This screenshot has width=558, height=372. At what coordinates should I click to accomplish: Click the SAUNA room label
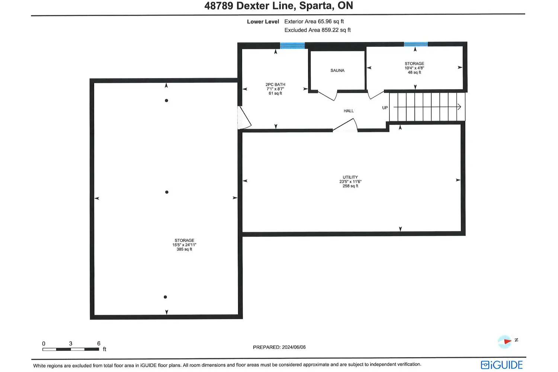pos(337,71)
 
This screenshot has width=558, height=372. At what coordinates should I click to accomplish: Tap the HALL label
pos(349,111)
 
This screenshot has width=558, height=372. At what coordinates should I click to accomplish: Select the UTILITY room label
pos(350,177)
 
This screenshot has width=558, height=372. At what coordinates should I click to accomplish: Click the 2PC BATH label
pos(275,84)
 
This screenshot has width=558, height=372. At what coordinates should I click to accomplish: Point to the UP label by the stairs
pos(385,108)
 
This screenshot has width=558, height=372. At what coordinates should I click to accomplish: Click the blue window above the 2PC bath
pos(292,45)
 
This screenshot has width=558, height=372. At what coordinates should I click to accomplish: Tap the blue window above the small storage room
pos(416,44)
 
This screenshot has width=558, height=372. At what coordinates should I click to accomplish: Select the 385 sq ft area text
pos(185,249)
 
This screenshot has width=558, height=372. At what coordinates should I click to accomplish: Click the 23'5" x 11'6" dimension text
pos(350,182)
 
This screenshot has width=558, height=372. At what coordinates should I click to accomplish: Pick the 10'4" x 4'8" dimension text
pos(414,68)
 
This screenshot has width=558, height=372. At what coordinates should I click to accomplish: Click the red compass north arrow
pos(507,341)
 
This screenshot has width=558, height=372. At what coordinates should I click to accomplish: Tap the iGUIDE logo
pos(502,365)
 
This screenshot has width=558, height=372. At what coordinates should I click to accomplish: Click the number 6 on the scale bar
pos(99,343)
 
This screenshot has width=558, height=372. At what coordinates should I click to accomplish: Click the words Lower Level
pos(263,22)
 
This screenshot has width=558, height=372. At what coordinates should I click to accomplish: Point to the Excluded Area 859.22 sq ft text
pos(317,30)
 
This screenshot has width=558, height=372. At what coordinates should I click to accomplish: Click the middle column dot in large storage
pos(167,192)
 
